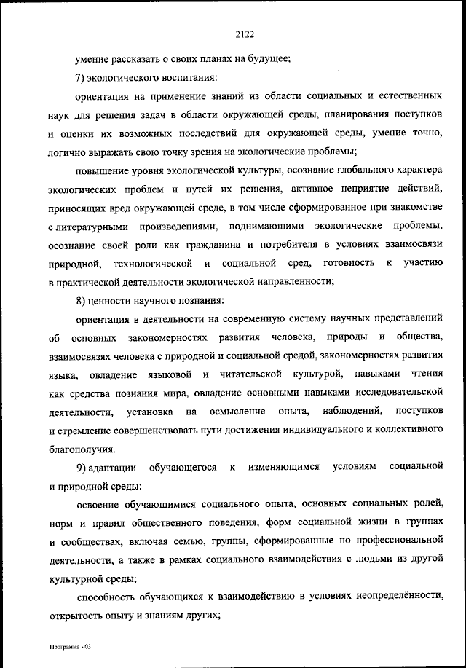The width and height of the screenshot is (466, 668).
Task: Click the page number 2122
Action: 245,32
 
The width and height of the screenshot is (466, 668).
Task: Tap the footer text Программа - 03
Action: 64,647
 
